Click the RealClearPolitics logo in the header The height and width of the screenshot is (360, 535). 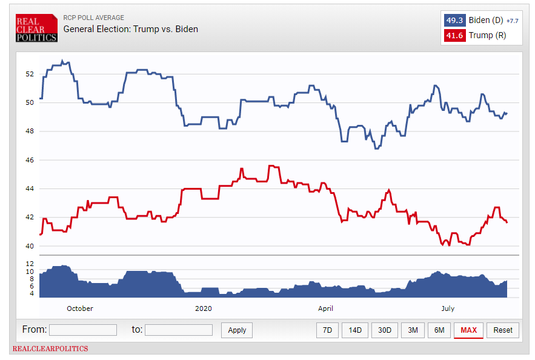(36, 28)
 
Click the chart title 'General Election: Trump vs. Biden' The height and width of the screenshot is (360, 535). (131, 29)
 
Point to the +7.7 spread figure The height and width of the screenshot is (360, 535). (512, 21)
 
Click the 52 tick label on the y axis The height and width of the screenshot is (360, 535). (29, 74)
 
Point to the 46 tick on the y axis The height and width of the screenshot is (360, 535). (29, 160)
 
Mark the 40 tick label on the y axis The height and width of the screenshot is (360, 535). (29, 246)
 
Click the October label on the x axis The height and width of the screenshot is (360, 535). (80, 308)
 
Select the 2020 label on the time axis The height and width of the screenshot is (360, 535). (204, 308)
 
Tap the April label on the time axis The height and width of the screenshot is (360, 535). (326, 308)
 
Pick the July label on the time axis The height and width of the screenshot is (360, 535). (448, 308)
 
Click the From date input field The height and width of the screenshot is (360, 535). (83, 330)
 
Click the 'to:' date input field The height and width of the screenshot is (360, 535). (179, 330)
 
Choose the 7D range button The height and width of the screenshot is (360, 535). (327, 330)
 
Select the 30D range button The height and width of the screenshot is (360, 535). (384, 330)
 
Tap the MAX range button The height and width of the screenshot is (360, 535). (468, 330)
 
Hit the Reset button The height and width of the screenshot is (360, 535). (503, 330)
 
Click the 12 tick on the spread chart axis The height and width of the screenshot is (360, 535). (29, 264)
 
